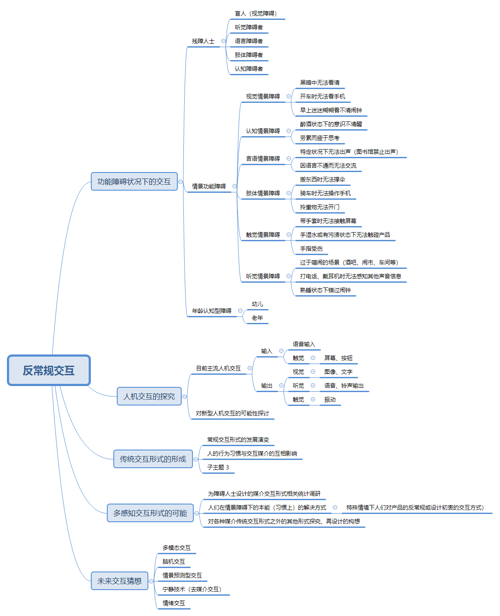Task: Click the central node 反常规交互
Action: pyautogui.click(x=48, y=370)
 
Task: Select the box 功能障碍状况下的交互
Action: pyautogui.click(x=134, y=181)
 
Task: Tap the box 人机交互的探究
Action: pyautogui.click(x=149, y=396)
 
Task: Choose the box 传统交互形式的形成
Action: pyautogui.click(x=153, y=459)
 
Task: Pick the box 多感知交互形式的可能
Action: pyautogui.click(x=150, y=513)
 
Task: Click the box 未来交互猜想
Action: pyautogui.click(x=119, y=581)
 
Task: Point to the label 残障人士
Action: pyautogui.click(x=203, y=41)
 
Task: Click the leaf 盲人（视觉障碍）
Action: pyautogui.click(x=256, y=13)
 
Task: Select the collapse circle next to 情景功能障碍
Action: pyautogui.click(x=234, y=186)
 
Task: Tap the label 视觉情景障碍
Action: pyautogui.click(x=263, y=96)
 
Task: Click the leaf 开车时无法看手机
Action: pyautogui.click(x=322, y=96)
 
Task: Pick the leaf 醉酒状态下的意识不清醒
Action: pyautogui.click(x=331, y=124)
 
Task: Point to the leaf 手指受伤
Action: pyautogui.click(x=311, y=249)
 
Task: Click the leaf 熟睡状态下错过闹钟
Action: pyautogui.click(x=325, y=290)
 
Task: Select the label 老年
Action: pyautogui.click(x=257, y=318)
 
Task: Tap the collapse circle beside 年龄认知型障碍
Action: pyautogui.click(x=240, y=310)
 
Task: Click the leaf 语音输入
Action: pyautogui.click(x=304, y=344)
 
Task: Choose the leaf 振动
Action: pyautogui.click(x=330, y=399)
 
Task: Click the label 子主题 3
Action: pyautogui.click(x=218, y=467)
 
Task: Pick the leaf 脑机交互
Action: pyautogui.click(x=173, y=562)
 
